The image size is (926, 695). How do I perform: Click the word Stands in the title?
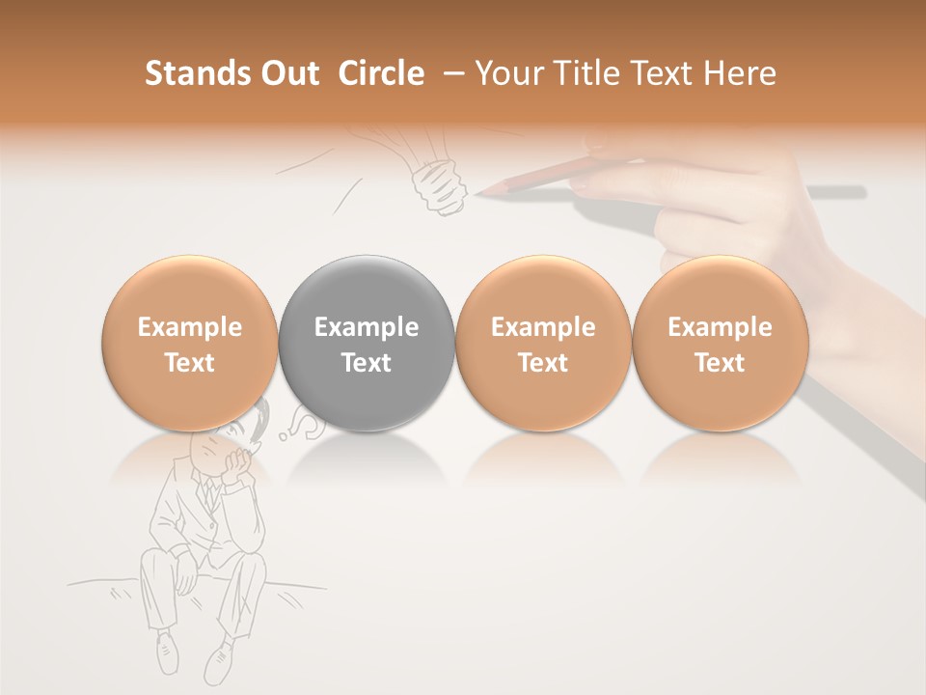(x=197, y=73)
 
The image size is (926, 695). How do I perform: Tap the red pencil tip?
(x=481, y=192)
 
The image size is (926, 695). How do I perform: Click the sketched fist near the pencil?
(x=440, y=185)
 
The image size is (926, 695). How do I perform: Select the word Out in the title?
(x=290, y=73)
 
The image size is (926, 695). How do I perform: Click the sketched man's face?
(x=214, y=449)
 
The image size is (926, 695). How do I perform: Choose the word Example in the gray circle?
(x=367, y=327)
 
